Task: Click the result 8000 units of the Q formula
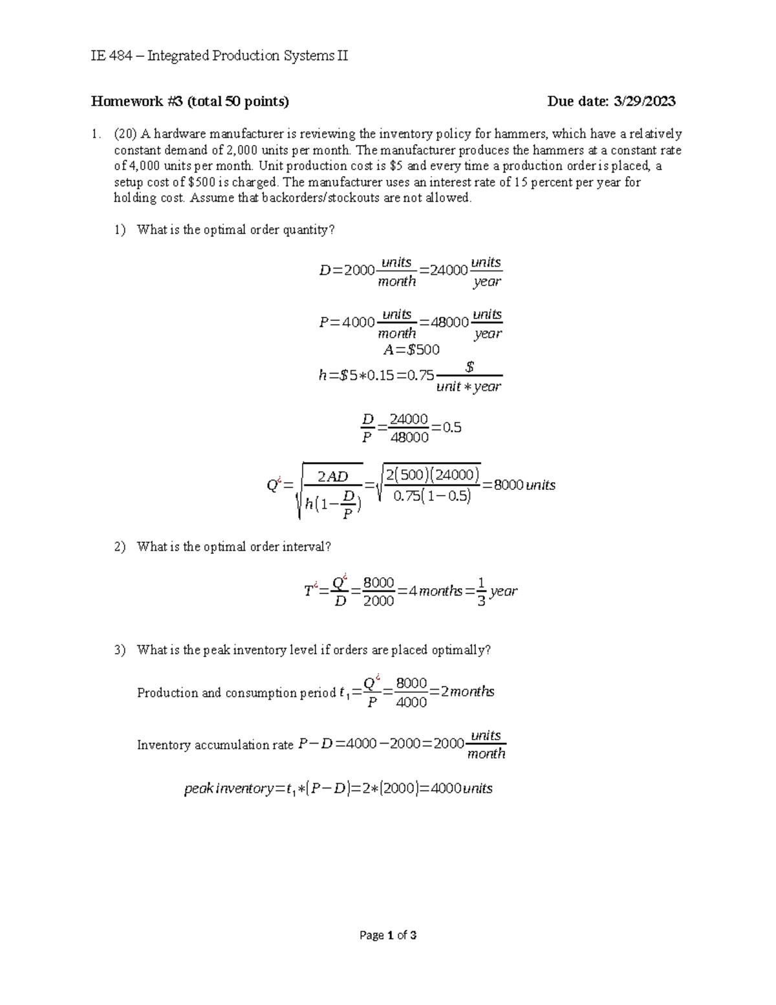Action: (524, 485)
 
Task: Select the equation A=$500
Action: (411, 350)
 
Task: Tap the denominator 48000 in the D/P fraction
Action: (409, 437)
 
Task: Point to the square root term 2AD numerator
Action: (332, 477)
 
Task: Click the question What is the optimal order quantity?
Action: (236, 230)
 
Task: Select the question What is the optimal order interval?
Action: (233, 547)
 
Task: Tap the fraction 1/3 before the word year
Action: (480, 591)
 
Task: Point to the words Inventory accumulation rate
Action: (215, 745)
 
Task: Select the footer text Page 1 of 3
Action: (388, 935)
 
